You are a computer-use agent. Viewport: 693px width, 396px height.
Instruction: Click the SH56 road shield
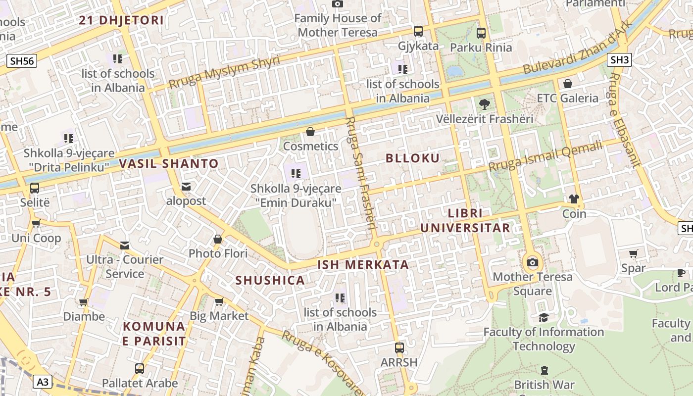[22, 61]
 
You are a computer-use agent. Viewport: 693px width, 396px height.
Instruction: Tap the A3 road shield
[43, 382]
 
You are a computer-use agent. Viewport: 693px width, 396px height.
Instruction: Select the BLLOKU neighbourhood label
[412, 158]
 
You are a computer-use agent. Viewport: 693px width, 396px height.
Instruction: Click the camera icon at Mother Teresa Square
[533, 262]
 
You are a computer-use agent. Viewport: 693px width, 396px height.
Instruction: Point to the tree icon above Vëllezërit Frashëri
[484, 104]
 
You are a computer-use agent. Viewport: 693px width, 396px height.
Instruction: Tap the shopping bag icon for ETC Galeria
[568, 84]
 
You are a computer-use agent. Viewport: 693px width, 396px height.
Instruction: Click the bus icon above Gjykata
[418, 31]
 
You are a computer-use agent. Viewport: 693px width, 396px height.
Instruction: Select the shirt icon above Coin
[574, 199]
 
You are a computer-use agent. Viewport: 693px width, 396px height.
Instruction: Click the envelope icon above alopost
[186, 187]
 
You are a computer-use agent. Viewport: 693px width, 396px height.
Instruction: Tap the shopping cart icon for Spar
[633, 254]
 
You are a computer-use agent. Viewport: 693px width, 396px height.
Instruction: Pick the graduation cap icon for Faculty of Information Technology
[544, 317]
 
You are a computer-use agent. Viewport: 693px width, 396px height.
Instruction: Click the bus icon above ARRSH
[399, 347]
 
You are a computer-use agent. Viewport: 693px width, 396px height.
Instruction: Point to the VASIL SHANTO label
[168, 164]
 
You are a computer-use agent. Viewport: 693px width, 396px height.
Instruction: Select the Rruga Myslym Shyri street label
[224, 73]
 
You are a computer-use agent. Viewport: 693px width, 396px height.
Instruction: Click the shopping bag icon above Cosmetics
[310, 132]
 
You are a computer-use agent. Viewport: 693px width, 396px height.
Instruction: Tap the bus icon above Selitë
[35, 188]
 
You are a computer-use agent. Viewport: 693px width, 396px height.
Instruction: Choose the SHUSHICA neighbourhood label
[270, 281]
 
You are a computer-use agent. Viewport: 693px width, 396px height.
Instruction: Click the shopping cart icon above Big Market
[219, 301]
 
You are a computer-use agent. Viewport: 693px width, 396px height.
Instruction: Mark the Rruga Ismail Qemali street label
[546, 155]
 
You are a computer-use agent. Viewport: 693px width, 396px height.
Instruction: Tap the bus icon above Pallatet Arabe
[140, 369]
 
